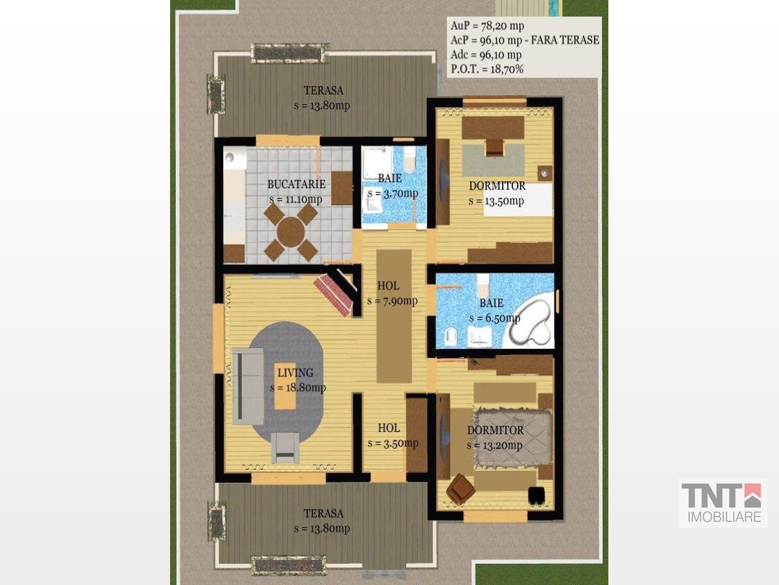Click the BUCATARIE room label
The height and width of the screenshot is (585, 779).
pos(296,184)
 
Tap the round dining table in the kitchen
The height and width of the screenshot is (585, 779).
pos(290,232)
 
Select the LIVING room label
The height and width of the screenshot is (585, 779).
pos(295,372)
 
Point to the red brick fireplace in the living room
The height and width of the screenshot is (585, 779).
pos(334,294)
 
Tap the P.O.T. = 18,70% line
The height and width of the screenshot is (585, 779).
pos(487,69)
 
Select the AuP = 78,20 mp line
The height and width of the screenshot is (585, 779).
pos(487,26)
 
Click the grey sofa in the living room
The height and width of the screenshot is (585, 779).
pos(248,386)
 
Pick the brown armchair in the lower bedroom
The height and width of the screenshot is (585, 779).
pos(461,489)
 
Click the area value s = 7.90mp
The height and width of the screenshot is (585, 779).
pos(392,301)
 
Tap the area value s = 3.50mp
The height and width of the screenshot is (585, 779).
pos(393,443)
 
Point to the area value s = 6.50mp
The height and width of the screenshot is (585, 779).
pos(495,318)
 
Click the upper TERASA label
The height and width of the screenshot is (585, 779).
pos(324,90)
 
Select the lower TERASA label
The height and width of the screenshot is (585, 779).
pos(324,513)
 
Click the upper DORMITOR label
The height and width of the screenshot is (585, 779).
pos(497,186)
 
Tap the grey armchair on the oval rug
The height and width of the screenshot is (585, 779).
pos(285,447)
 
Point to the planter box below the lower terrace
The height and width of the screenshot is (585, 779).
pos(289,566)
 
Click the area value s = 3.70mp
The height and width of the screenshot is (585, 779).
pos(393,194)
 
